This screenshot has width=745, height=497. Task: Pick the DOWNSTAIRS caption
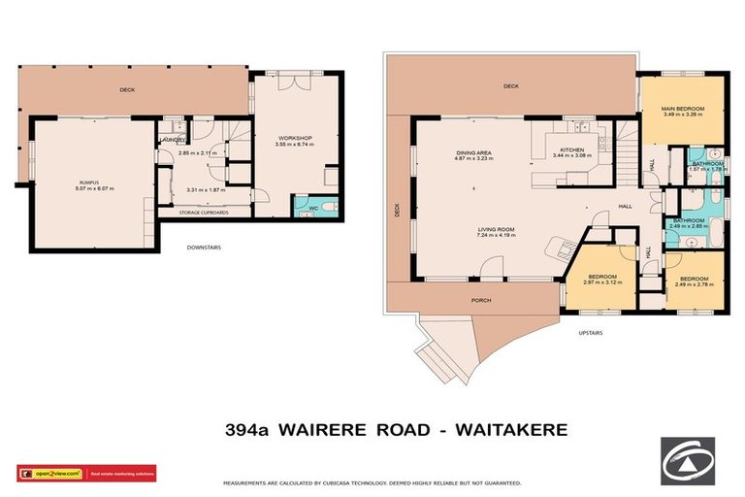coord(204,248)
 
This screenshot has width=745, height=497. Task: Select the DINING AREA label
coord(475,151)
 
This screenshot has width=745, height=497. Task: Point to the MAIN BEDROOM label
coord(682,108)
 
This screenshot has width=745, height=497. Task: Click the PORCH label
coord(481,300)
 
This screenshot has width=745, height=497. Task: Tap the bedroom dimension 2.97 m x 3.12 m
coord(602,284)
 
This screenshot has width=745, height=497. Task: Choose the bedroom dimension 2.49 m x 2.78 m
coord(693,284)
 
